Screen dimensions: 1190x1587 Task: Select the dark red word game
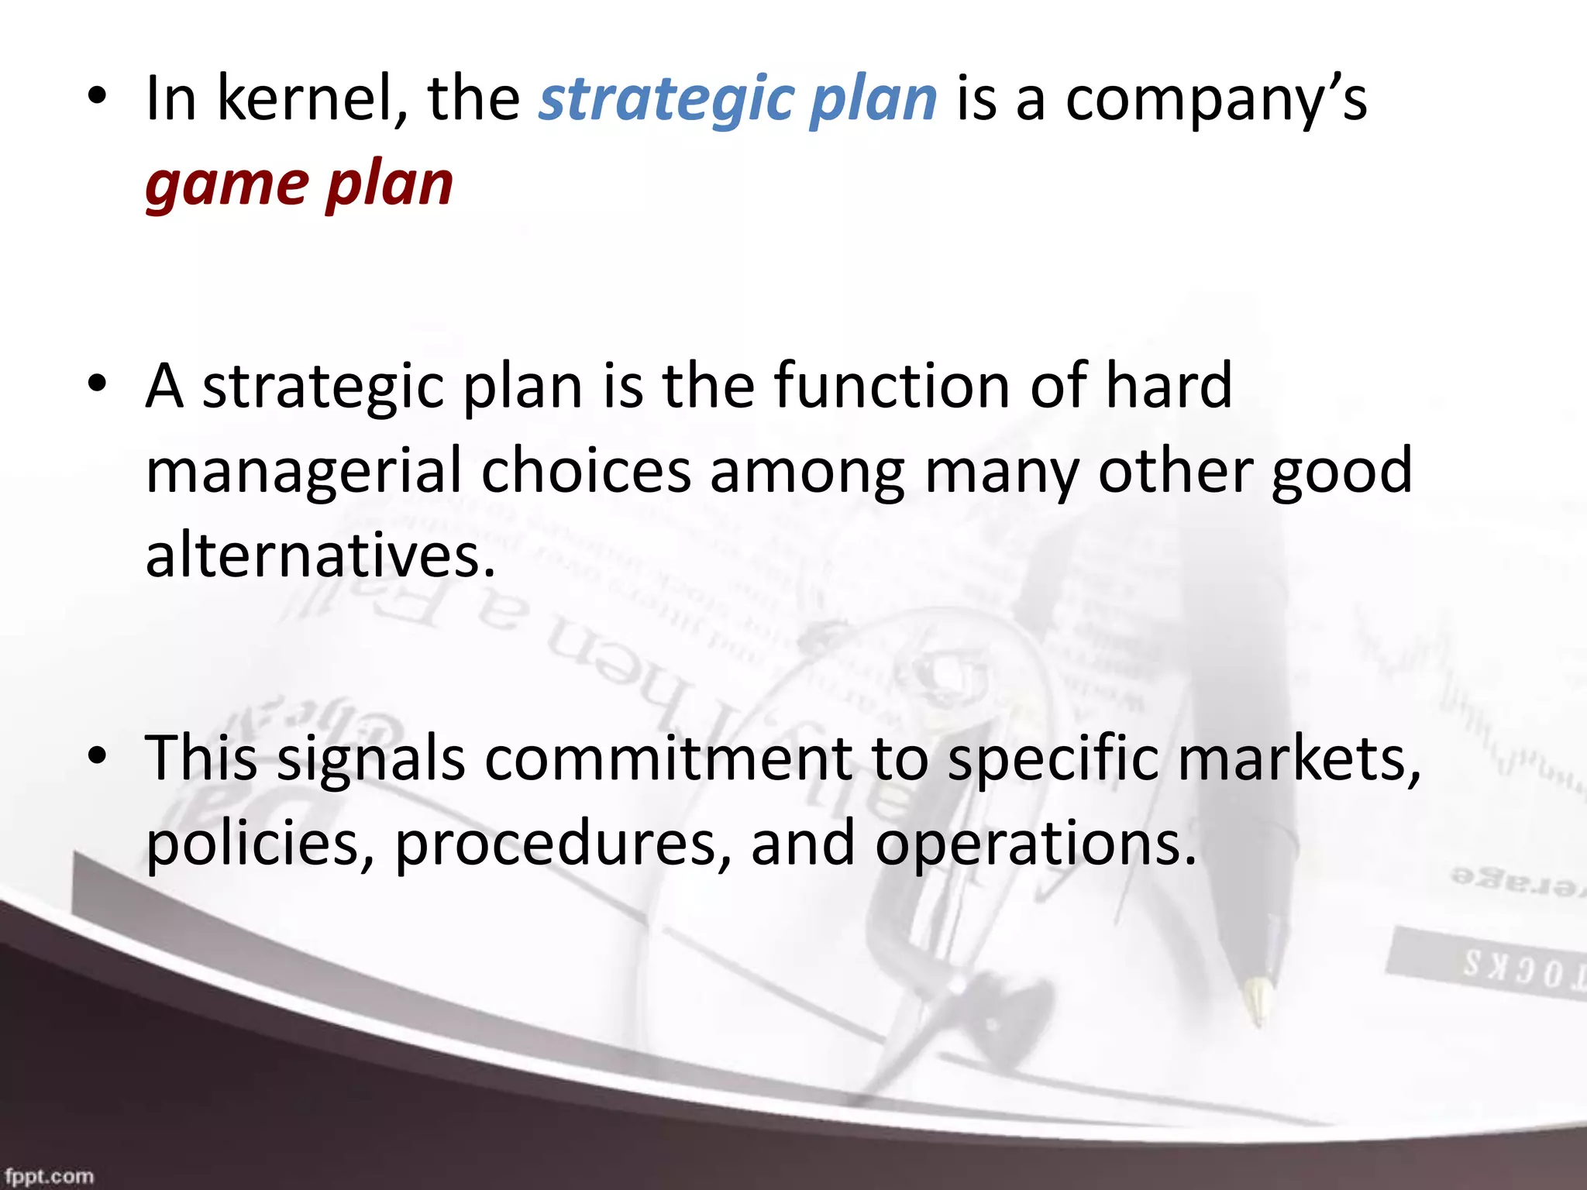pyautogui.click(x=227, y=186)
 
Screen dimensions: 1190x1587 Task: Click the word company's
pyautogui.click(x=1216, y=100)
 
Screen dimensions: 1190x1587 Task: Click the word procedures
pyautogui.click(x=563, y=843)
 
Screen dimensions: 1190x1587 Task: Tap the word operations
pyautogui.click(x=1036, y=843)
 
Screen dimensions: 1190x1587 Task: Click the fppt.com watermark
pyautogui.click(x=49, y=1176)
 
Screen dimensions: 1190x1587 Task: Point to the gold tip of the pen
pyautogui.click(x=1256, y=999)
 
